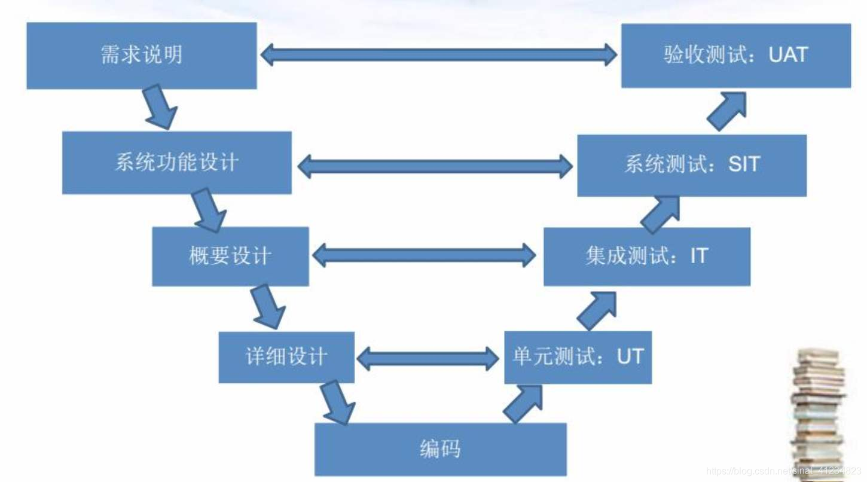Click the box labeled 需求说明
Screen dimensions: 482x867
click(142, 56)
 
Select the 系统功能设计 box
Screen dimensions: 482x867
click(176, 163)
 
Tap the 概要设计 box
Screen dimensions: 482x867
click(230, 256)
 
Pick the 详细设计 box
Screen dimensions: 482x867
click(286, 357)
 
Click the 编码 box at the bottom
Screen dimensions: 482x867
click(440, 449)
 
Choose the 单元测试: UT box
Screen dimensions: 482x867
click(578, 357)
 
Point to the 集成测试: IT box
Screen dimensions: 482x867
click(646, 256)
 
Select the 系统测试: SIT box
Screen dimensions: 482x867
click(691, 165)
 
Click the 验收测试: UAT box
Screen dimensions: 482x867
click(735, 56)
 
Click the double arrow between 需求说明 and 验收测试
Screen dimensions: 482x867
click(439, 55)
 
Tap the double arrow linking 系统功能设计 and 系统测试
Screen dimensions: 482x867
click(435, 166)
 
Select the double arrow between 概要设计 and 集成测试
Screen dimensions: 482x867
click(424, 256)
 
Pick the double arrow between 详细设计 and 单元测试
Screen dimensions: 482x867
click(428, 358)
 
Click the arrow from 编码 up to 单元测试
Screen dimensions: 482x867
click(523, 404)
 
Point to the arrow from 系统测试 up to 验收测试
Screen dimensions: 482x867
click(727, 111)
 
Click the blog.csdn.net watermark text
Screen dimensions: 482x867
click(783, 471)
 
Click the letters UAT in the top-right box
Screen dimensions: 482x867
click(788, 55)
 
